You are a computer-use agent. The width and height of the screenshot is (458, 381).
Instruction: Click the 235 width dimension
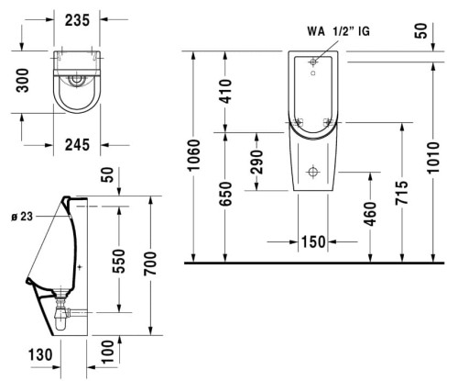[78, 20]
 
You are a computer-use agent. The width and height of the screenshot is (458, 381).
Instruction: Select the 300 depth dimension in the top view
[23, 80]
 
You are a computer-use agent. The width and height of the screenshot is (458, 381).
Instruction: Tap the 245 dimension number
[77, 145]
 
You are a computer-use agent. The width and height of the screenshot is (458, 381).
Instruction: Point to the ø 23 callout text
[22, 217]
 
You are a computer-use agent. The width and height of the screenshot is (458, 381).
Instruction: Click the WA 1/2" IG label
[338, 31]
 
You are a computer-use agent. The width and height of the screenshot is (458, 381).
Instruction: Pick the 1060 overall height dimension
[193, 155]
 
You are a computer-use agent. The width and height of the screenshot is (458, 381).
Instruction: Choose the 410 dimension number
[226, 91]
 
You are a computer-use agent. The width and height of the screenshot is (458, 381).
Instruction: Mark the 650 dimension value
[226, 194]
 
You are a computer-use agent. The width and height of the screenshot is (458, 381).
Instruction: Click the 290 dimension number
[256, 162]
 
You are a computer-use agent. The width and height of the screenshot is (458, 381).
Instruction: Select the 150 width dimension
[313, 241]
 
